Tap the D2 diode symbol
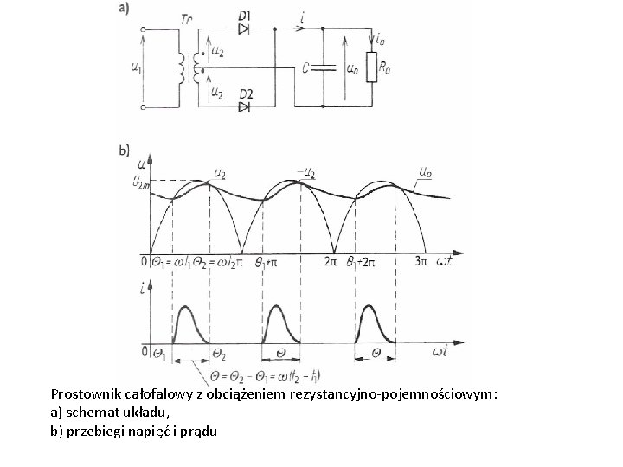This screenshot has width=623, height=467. (x=245, y=106)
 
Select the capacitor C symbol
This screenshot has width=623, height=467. (x=321, y=67)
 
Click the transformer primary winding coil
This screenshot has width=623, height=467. (x=183, y=68)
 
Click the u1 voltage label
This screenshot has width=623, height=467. (x=135, y=68)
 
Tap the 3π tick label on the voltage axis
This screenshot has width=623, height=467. (x=421, y=259)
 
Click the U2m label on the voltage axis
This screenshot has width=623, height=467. (x=139, y=179)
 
